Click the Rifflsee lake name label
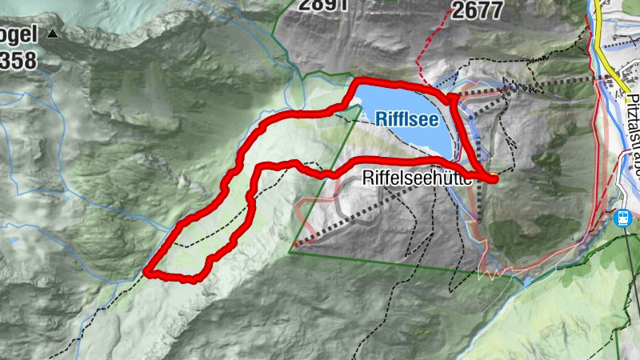(x=406, y=119)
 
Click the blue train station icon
(x=622, y=217)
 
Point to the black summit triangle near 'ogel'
(x=53, y=34)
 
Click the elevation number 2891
(x=323, y=5)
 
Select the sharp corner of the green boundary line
(x=291, y=250)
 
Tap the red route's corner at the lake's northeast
(x=453, y=97)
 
